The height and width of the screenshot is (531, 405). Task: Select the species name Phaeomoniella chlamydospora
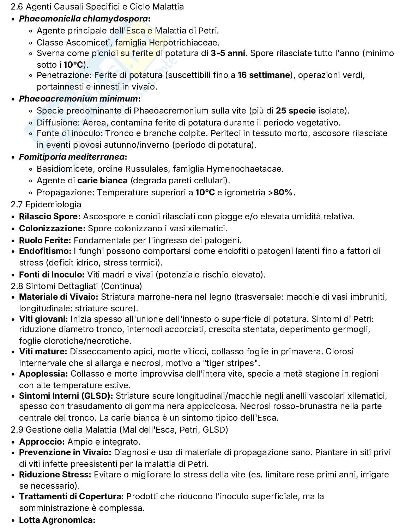84,19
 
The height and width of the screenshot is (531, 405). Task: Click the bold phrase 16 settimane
264,75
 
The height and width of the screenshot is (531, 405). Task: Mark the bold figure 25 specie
296,111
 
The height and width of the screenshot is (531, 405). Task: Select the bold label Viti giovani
43,319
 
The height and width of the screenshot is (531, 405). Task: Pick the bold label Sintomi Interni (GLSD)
66,396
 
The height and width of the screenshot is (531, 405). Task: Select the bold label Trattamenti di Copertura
71,496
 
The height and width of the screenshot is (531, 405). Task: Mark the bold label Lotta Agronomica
57,520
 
